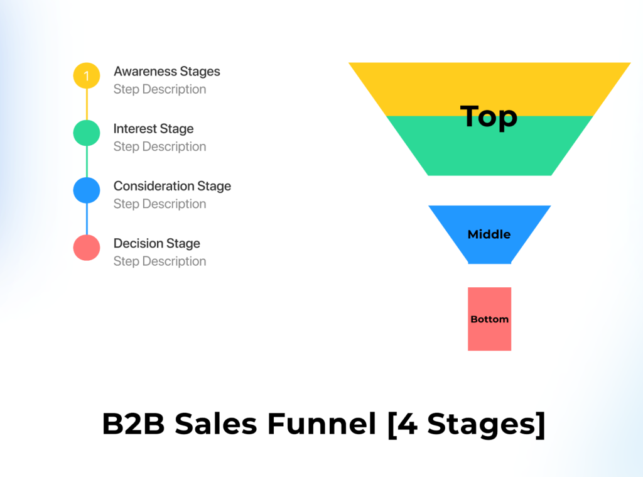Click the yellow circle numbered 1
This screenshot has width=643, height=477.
(87, 75)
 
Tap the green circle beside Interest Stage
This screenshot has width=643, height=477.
(87, 133)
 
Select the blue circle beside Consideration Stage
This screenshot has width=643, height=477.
(87, 190)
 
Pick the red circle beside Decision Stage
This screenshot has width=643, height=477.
(87, 248)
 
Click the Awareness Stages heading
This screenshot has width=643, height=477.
(167, 72)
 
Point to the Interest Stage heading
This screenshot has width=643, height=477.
(153, 129)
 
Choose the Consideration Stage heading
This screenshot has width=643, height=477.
(172, 186)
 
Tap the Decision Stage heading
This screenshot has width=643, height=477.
(156, 243)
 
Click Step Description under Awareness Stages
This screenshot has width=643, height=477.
(159, 89)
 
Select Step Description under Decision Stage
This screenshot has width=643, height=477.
(159, 261)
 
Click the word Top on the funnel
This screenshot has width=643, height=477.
(489, 117)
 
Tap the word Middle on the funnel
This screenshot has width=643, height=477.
(489, 234)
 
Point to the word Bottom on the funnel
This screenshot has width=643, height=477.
(490, 319)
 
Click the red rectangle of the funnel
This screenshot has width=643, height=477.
(490, 319)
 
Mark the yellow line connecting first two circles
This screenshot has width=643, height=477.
(87, 104)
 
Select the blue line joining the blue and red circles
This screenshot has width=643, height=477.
(87, 219)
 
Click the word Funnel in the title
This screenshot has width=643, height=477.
(321, 424)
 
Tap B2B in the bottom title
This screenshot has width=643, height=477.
(133, 424)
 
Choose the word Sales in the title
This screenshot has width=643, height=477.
(216, 424)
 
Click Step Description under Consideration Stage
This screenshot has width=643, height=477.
(159, 204)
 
